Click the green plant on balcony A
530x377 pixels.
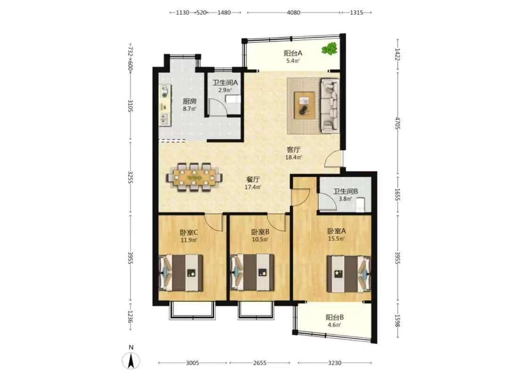click(x=329, y=49)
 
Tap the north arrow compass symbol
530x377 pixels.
click(x=131, y=360)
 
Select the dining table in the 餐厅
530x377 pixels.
click(x=195, y=178)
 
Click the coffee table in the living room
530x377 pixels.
click(x=304, y=105)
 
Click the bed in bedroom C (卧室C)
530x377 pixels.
click(x=181, y=273)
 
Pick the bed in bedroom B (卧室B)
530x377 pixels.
click(x=252, y=273)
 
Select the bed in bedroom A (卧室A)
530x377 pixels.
click(x=349, y=274)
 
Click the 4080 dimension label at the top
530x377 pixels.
click(x=294, y=13)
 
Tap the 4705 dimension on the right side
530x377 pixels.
click(x=398, y=123)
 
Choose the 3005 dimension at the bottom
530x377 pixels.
click(x=192, y=363)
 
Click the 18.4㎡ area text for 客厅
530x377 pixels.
click(x=294, y=157)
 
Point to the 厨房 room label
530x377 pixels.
click(x=190, y=101)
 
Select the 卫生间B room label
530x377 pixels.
click(x=345, y=191)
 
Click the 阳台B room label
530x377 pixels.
click(x=334, y=317)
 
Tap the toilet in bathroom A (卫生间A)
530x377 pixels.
click(x=233, y=99)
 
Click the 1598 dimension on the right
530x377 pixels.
click(x=398, y=320)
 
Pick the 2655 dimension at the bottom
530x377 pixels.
click(x=260, y=363)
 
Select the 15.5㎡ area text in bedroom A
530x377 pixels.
click(x=336, y=239)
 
